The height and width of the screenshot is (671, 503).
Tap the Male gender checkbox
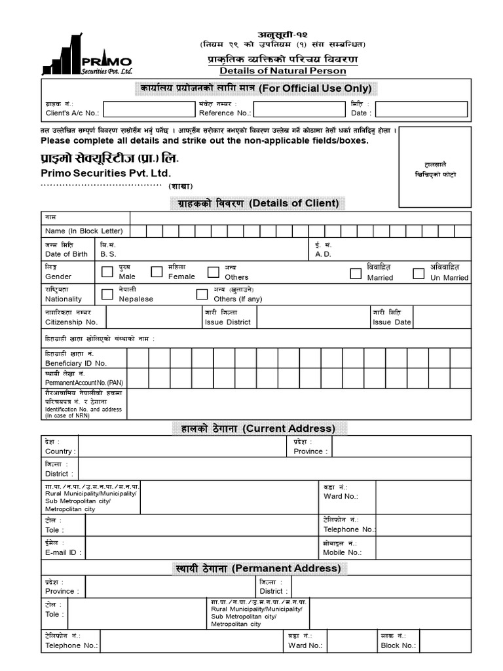pyautogui.click(x=107, y=272)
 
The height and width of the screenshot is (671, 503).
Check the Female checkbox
pyautogui.click(x=157, y=272)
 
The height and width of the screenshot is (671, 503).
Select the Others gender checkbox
pyautogui.click(x=213, y=272)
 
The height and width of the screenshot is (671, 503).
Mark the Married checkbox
pyautogui.click(x=356, y=273)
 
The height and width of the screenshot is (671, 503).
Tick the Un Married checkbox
pyautogui.click(x=418, y=273)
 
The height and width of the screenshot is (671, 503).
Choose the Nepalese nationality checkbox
pyautogui.click(x=107, y=294)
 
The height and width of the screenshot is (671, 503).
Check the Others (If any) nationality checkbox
pyautogui.click(x=202, y=294)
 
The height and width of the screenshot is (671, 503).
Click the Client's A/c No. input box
pyautogui.click(x=149, y=109)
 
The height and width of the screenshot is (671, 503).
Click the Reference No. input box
pyautogui.click(x=299, y=109)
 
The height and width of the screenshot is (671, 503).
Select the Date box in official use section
pyautogui.click(x=421, y=109)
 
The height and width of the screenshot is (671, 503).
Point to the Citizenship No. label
pyautogui.click(x=71, y=322)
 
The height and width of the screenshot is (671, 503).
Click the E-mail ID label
pyautogui.click(x=63, y=552)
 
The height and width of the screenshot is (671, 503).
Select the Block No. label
pyautogui.click(x=398, y=645)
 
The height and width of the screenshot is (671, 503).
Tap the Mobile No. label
pyautogui.click(x=342, y=552)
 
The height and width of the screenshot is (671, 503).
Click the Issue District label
pyautogui.click(x=227, y=322)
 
